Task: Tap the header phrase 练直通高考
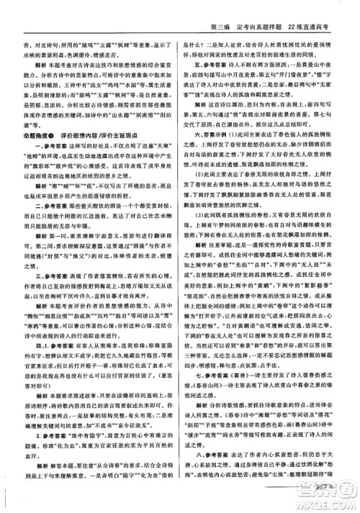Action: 320,9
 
